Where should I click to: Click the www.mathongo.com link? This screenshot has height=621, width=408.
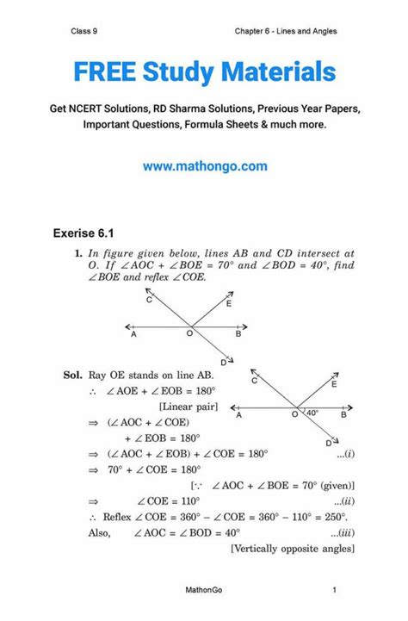click(204, 166)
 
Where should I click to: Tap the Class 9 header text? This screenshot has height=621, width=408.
click(83, 32)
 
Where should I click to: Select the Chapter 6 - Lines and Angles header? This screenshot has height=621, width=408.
click(286, 32)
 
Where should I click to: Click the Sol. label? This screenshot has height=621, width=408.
click(72, 376)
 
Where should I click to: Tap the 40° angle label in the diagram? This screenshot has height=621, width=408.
click(311, 413)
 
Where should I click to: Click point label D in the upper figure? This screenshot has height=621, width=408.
click(224, 362)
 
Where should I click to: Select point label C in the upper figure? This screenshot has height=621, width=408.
click(149, 299)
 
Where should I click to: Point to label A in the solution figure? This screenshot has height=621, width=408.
click(238, 415)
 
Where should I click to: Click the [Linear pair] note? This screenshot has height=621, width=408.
click(189, 406)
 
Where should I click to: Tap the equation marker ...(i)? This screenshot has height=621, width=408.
click(346, 453)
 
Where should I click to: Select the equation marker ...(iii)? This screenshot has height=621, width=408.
click(343, 532)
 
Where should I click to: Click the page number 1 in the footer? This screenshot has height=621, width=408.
click(333, 590)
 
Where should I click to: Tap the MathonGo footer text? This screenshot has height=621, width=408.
click(203, 590)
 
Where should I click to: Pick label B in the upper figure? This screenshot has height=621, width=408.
click(238, 336)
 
